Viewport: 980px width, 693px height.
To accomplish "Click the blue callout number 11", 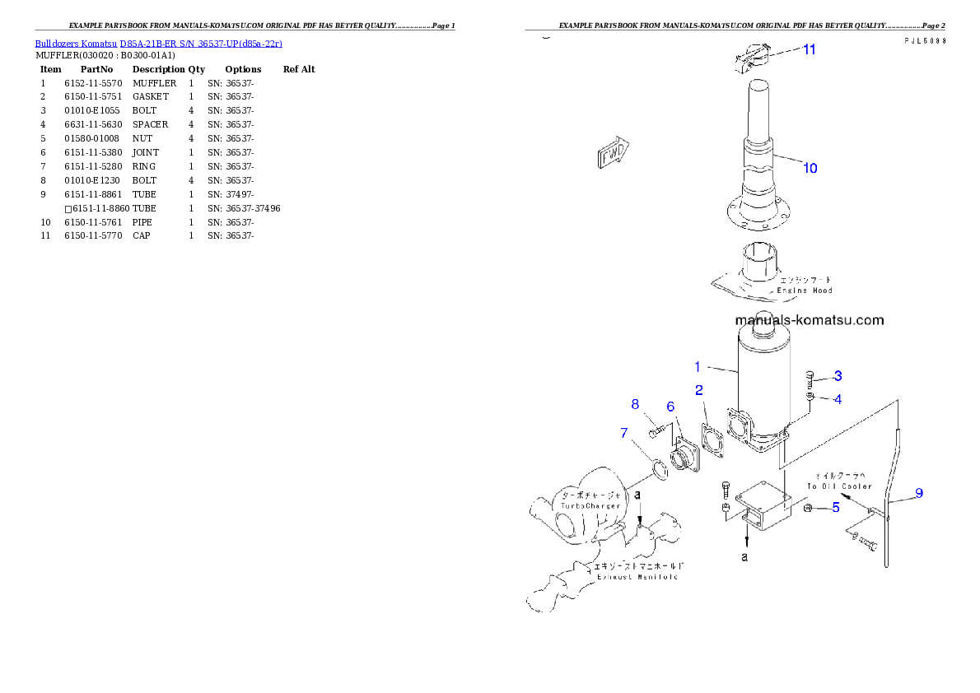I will (x=810, y=49).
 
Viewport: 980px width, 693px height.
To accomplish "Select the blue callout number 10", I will (x=810, y=168).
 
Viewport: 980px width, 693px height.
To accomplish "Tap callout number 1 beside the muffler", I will (x=697, y=366).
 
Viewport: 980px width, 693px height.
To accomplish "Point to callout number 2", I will (x=698, y=389).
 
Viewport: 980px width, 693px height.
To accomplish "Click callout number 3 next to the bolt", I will (x=837, y=376).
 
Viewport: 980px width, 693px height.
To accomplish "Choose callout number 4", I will (x=837, y=399).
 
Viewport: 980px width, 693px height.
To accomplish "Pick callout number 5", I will (x=835, y=508).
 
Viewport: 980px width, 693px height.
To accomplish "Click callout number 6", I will (x=670, y=407).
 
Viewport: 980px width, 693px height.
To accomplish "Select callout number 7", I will (x=624, y=432).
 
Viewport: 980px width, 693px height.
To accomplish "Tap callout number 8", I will (x=635, y=403).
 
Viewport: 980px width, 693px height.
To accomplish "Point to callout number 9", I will (x=918, y=494).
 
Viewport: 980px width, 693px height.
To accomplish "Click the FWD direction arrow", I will (x=612, y=153).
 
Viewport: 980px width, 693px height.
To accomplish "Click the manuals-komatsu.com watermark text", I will (x=809, y=320).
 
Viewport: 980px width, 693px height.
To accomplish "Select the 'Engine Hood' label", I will (x=805, y=291).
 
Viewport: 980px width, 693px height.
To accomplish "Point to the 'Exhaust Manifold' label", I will (x=637, y=577).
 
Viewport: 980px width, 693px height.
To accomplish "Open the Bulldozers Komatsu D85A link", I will (x=158, y=43).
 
